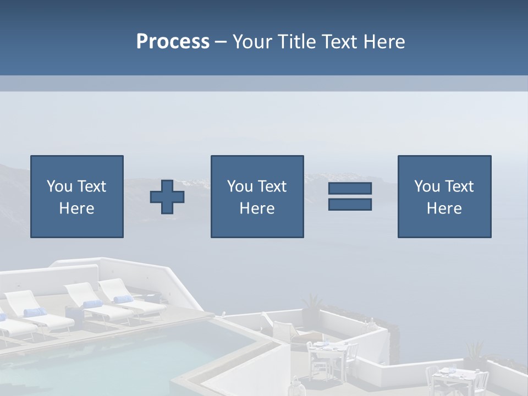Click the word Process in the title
(173, 42)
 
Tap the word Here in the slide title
(383, 42)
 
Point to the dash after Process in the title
(221, 42)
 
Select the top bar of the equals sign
(350, 189)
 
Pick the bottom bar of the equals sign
(350, 204)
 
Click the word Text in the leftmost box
(92, 186)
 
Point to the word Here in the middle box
(257, 208)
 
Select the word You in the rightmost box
(427, 186)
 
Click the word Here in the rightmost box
(444, 208)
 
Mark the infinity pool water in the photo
(110, 358)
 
